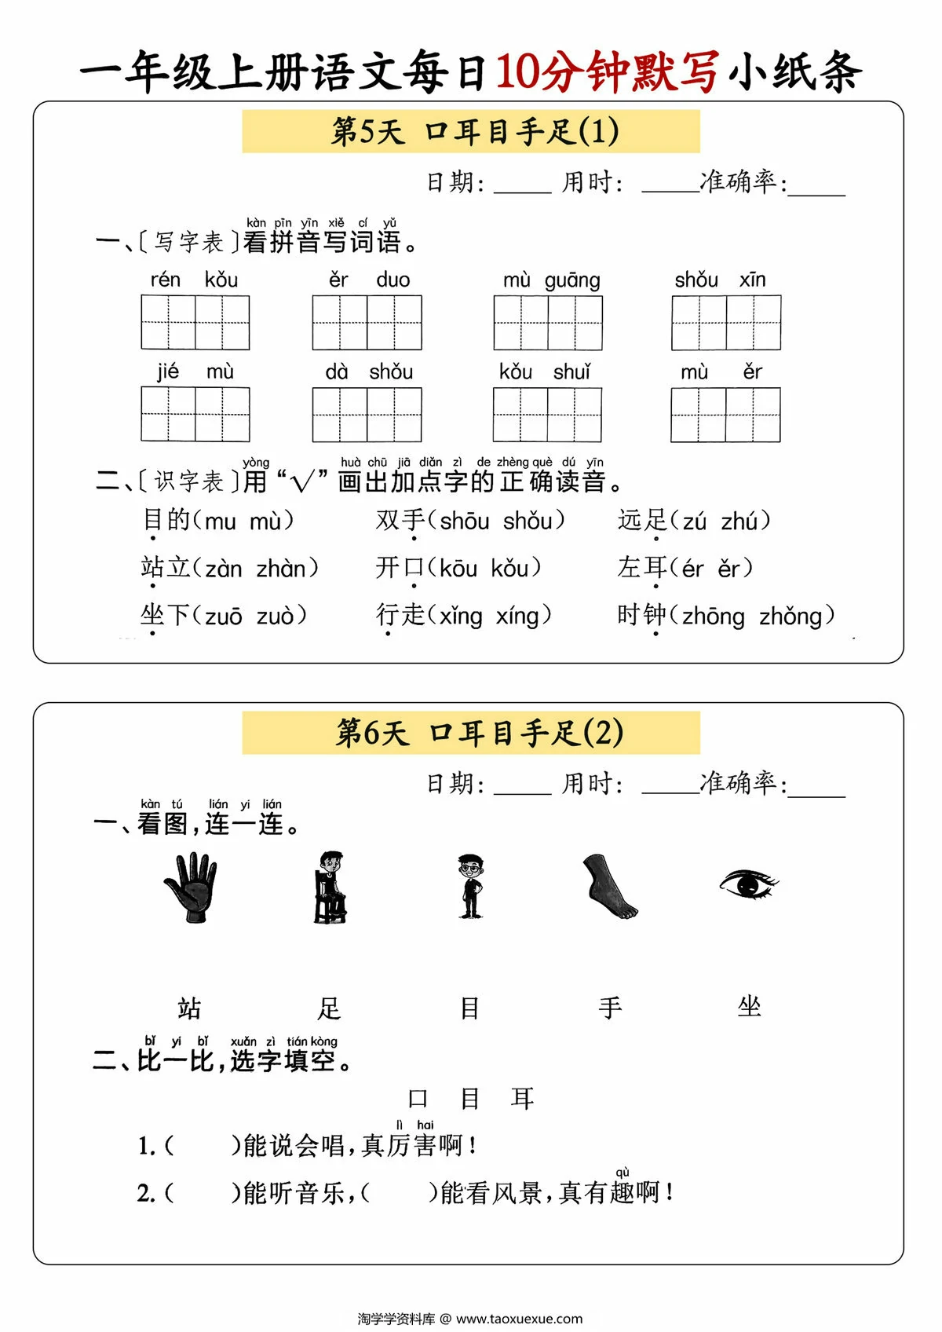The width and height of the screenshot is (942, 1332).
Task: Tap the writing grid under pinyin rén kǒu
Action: (195, 323)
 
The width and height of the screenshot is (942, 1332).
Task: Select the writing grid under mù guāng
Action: (548, 323)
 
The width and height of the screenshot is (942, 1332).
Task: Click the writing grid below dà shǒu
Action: (367, 415)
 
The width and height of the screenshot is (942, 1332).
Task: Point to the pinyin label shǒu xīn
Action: (720, 280)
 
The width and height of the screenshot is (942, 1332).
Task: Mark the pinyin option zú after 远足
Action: (694, 521)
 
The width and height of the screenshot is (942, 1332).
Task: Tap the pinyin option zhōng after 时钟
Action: (713, 617)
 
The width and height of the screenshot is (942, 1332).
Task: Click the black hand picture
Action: (191, 887)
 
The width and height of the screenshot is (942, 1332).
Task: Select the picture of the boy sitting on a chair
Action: (330, 887)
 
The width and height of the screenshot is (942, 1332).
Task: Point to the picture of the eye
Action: (748, 884)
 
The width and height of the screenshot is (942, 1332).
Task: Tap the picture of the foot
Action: (610, 887)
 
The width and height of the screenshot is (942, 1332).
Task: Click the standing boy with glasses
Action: (470, 886)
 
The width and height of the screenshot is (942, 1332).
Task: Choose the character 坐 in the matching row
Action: (749, 1007)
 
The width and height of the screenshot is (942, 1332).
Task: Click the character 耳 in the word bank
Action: (522, 1099)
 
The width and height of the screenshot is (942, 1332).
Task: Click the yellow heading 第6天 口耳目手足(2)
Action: (471, 733)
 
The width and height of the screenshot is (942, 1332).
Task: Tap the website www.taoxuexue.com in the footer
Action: (519, 1319)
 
